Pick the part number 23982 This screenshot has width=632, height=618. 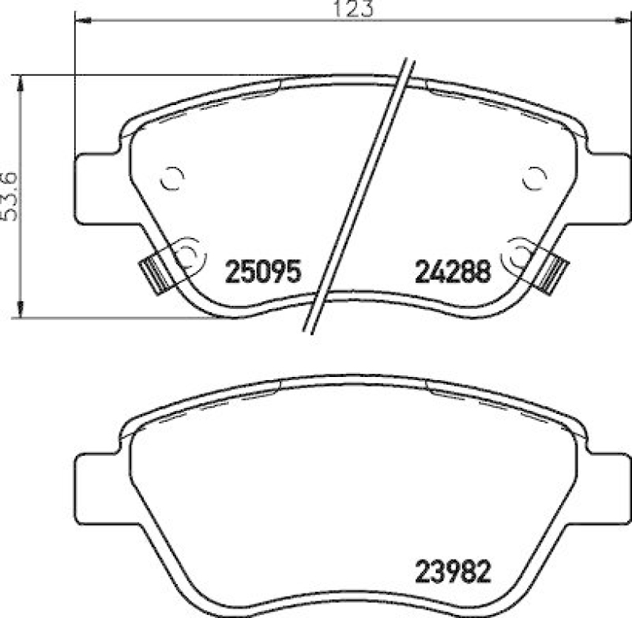[x=453, y=571]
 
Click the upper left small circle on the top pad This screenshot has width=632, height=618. [x=171, y=179]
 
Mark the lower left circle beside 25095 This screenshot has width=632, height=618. [x=186, y=254]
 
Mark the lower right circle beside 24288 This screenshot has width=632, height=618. [x=521, y=254]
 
